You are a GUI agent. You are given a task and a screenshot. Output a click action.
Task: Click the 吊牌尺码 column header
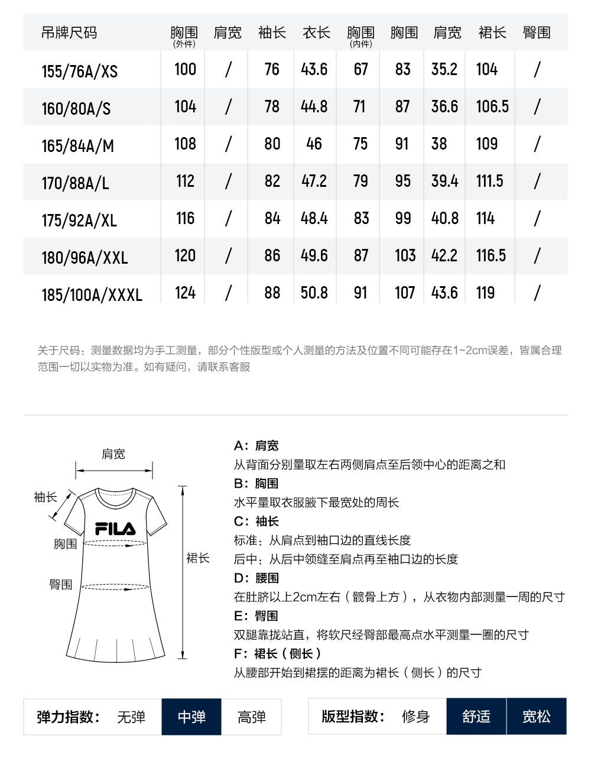click(69, 33)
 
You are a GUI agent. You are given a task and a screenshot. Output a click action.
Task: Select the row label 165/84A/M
click(77, 146)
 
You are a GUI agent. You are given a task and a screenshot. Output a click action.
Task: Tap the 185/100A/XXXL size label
click(92, 295)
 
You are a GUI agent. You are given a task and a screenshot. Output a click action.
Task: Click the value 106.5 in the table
click(492, 106)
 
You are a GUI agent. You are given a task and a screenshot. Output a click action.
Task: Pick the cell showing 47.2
click(314, 181)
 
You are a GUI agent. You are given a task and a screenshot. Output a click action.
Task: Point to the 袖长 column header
click(272, 33)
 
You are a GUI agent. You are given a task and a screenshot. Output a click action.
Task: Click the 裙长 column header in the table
click(492, 33)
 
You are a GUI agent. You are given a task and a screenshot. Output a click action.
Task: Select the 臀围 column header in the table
click(536, 33)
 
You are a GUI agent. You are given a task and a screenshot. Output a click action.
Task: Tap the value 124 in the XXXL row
click(185, 293)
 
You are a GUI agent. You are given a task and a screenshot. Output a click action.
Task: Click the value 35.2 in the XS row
click(444, 69)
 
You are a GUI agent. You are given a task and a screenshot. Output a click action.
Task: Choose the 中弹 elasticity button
click(191, 717)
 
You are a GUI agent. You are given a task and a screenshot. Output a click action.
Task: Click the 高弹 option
click(251, 717)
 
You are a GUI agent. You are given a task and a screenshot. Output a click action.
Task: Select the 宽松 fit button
click(536, 717)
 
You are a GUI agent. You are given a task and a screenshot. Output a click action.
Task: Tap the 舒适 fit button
click(476, 717)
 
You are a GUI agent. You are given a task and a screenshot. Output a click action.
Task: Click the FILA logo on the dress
click(115, 529)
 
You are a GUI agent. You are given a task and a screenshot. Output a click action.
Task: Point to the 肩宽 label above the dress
click(113, 454)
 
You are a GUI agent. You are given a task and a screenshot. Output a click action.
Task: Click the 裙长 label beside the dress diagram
click(198, 558)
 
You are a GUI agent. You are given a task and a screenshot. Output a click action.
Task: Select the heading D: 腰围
click(256, 578)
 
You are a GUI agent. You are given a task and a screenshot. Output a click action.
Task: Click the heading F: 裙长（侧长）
click(277, 654)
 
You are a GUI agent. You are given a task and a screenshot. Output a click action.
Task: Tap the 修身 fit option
click(415, 717)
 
